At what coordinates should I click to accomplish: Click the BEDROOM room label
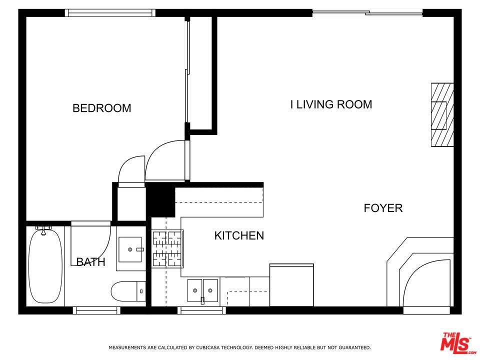click(101, 108)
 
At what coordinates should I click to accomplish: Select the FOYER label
click(383, 208)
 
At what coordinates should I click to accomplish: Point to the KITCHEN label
click(239, 235)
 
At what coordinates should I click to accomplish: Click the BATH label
click(90, 262)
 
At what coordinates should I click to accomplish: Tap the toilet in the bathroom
click(128, 291)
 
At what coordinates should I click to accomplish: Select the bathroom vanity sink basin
click(130, 249)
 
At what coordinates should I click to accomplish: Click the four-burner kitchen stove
click(168, 248)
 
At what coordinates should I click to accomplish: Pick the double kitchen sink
click(202, 290)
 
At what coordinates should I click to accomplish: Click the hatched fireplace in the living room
click(442, 115)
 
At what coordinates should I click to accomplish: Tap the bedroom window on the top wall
click(110, 13)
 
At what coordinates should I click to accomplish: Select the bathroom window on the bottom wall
click(96, 310)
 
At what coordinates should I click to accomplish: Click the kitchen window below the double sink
click(202, 310)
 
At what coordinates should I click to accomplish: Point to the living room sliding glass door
click(367, 13)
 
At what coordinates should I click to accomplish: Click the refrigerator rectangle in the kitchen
click(291, 285)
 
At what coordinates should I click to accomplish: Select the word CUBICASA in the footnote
click(208, 347)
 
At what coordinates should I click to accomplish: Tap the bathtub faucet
click(44, 230)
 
